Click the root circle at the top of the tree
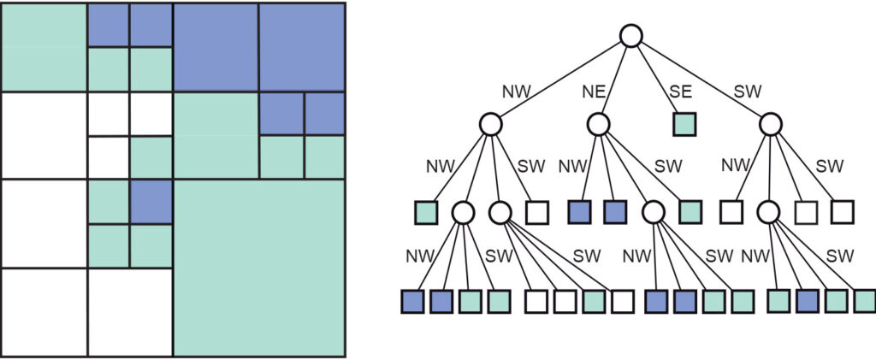tap(630, 36)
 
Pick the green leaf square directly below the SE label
tap(684, 124)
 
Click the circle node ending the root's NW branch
tap(490, 124)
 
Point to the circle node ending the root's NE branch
tap(599, 124)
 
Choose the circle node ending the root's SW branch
tap(771, 124)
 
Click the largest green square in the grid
tap(259, 267)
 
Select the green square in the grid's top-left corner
tap(44, 47)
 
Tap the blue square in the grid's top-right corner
tap(302, 47)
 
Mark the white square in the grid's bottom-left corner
tap(44, 311)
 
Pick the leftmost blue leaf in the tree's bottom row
tap(413, 301)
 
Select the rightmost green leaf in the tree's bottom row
tap(865, 301)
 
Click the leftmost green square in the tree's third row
tap(425, 211)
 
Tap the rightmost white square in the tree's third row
tap(842, 211)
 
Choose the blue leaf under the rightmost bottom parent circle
tap(808, 301)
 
